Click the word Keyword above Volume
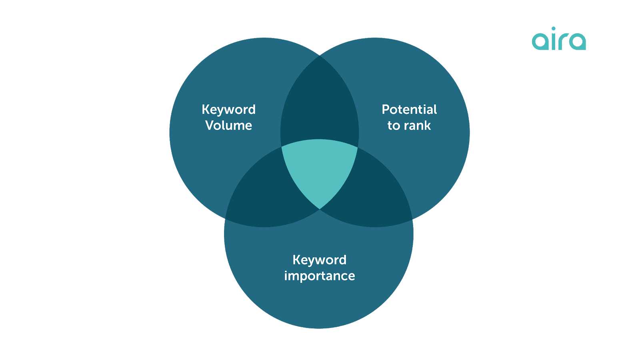pos(228,110)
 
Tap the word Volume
pos(228,126)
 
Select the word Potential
pos(409,110)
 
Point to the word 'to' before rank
pos(394,126)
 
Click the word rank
pos(417,126)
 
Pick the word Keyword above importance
pos(319,260)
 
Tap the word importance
pos(319,276)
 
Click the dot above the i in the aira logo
pos(554,28)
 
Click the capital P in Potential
pos(385,110)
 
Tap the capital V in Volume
pos(210,126)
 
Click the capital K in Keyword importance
pos(296,260)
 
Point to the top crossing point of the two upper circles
pos(320,56)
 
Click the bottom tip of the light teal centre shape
pos(320,208)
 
